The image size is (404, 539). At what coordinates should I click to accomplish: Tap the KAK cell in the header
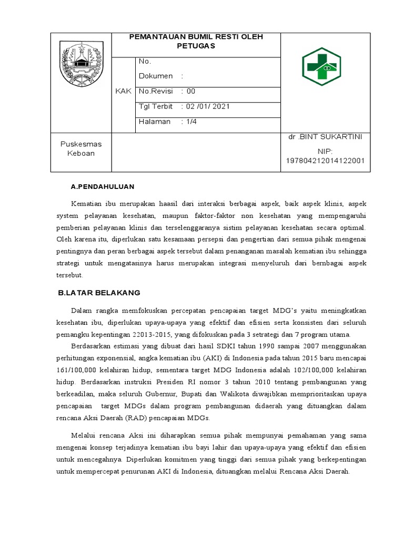pos(123,92)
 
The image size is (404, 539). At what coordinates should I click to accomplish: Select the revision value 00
pos(190,91)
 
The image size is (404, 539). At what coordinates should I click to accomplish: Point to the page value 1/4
pos(191,122)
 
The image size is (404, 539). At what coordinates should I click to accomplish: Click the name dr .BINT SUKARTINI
pos(325,137)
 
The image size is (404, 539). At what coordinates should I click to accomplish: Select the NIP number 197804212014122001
pos(325,161)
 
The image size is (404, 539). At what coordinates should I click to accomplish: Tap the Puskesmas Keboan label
pos(81,148)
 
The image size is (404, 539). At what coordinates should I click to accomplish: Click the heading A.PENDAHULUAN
pos(103,186)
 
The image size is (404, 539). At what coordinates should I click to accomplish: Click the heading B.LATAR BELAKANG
pos(99,293)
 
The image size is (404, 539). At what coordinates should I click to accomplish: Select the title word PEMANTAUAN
pos(153,36)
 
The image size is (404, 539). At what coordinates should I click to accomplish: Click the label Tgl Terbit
pos(155,106)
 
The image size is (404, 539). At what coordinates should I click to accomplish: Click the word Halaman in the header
pos(155,122)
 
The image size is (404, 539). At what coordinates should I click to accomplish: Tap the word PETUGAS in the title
pos(196,46)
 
